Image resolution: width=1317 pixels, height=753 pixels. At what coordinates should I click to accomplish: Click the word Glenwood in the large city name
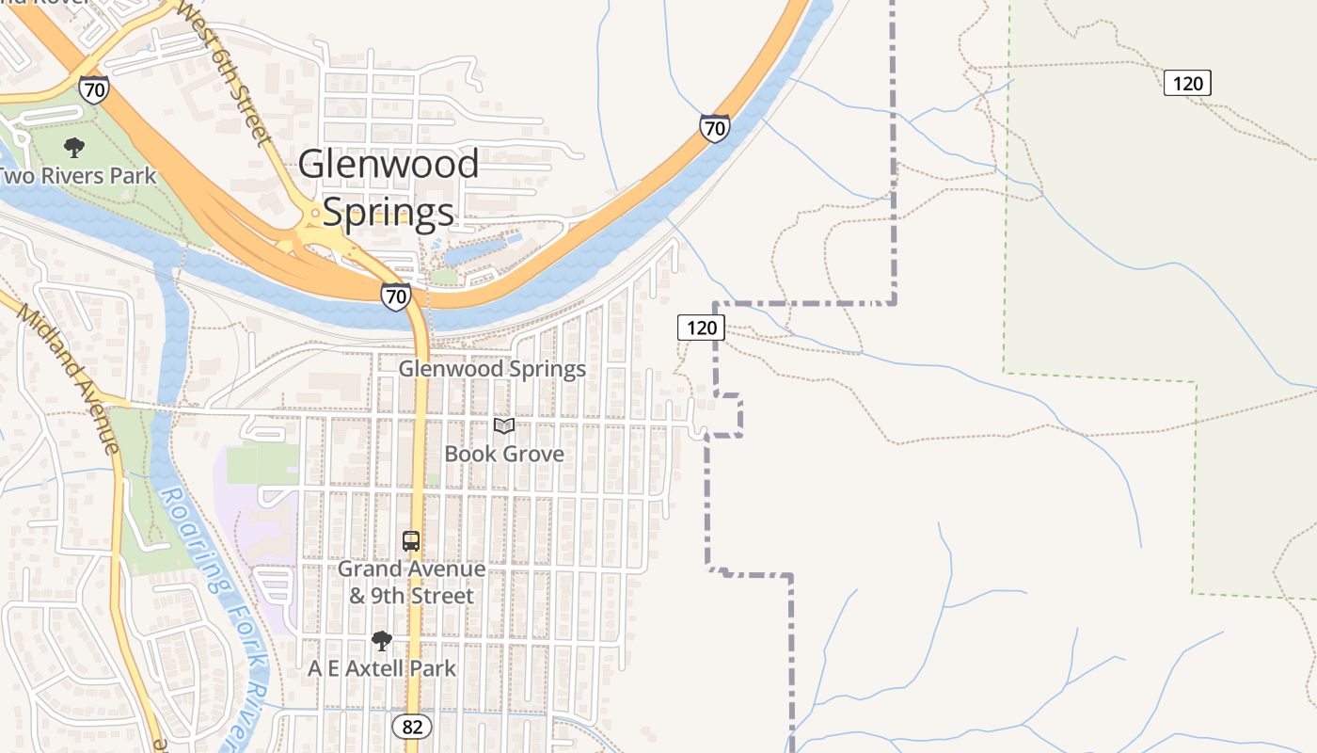pos(389,166)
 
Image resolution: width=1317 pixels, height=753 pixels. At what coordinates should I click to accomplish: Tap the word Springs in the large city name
pos(389,212)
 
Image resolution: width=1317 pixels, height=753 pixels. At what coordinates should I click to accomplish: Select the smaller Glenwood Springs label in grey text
pos(492,369)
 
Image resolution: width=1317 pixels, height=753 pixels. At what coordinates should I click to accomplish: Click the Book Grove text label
pos(504,454)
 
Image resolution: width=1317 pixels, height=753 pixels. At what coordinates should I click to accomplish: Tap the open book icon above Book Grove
pos(504,426)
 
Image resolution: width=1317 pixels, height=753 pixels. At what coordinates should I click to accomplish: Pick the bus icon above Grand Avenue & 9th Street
pos(411,541)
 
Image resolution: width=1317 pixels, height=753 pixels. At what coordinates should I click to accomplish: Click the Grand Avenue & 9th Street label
pos(411,583)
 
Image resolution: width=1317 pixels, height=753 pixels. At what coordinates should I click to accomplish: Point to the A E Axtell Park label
pos(382,668)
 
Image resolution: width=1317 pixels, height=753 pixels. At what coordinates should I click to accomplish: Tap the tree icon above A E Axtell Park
pos(381,642)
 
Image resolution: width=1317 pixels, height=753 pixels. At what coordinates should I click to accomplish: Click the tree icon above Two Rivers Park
pos(73,148)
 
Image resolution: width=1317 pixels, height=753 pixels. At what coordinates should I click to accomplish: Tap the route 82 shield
pos(412,726)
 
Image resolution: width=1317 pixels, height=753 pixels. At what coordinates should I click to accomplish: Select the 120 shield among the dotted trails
pos(1187,83)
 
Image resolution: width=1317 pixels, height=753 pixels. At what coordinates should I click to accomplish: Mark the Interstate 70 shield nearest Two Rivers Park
pos(94,89)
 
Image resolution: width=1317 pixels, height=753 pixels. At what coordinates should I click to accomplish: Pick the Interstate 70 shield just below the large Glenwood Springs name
pos(396,297)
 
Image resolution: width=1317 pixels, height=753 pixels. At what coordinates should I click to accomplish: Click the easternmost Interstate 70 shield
pos(715,127)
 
